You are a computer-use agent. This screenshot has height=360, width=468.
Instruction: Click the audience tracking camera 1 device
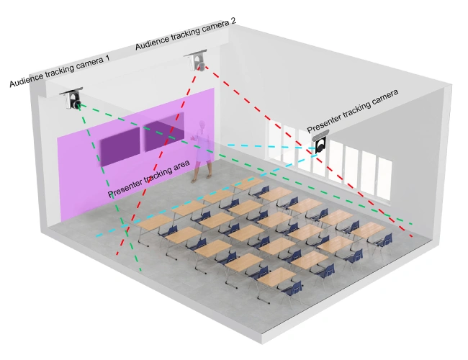coord(74,100)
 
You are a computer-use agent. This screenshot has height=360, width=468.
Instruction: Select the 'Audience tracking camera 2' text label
coord(185,34)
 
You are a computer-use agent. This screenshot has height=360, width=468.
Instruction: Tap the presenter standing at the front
coord(204,151)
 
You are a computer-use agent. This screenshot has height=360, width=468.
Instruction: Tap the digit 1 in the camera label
coord(107,58)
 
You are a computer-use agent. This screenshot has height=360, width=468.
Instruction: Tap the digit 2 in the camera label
coord(233,19)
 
